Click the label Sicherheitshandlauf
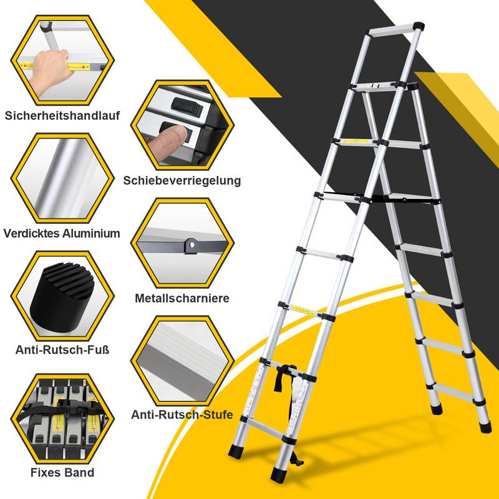pyautogui.click(x=62, y=115)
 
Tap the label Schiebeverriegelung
pyautogui.click(x=182, y=180)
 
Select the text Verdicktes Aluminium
pyautogui.click(x=62, y=233)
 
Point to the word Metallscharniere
pyautogui.click(x=182, y=298)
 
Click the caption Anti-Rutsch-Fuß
pyautogui.click(x=62, y=350)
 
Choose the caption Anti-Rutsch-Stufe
pyautogui.click(x=182, y=414)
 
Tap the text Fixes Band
pyautogui.click(x=62, y=472)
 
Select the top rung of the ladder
pyautogui.click(x=393, y=28)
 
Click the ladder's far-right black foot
pyautogui.click(x=485, y=427)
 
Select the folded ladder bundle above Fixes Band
pyautogui.click(x=62, y=415)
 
